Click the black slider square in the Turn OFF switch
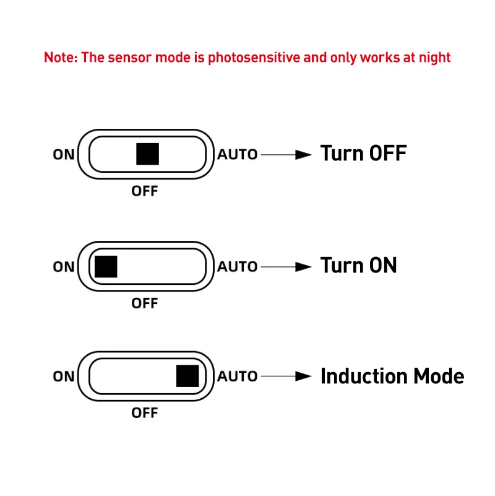[147, 154]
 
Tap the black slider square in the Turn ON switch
[106, 266]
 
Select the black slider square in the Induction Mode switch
[187, 376]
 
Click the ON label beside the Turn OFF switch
[63, 154]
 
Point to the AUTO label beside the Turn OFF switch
[237, 154]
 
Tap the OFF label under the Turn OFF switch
[145, 191]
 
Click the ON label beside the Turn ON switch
[63, 267]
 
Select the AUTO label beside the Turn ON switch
[237, 267]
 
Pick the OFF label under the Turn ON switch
[145, 303]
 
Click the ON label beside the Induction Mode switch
[63, 376]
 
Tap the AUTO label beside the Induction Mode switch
[237, 376]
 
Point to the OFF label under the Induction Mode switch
[145, 412]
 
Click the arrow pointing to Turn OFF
[285, 154]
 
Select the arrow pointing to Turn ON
[285, 267]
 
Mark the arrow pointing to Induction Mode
[285, 376]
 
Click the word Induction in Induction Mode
[363, 376]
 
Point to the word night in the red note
[434, 58]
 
